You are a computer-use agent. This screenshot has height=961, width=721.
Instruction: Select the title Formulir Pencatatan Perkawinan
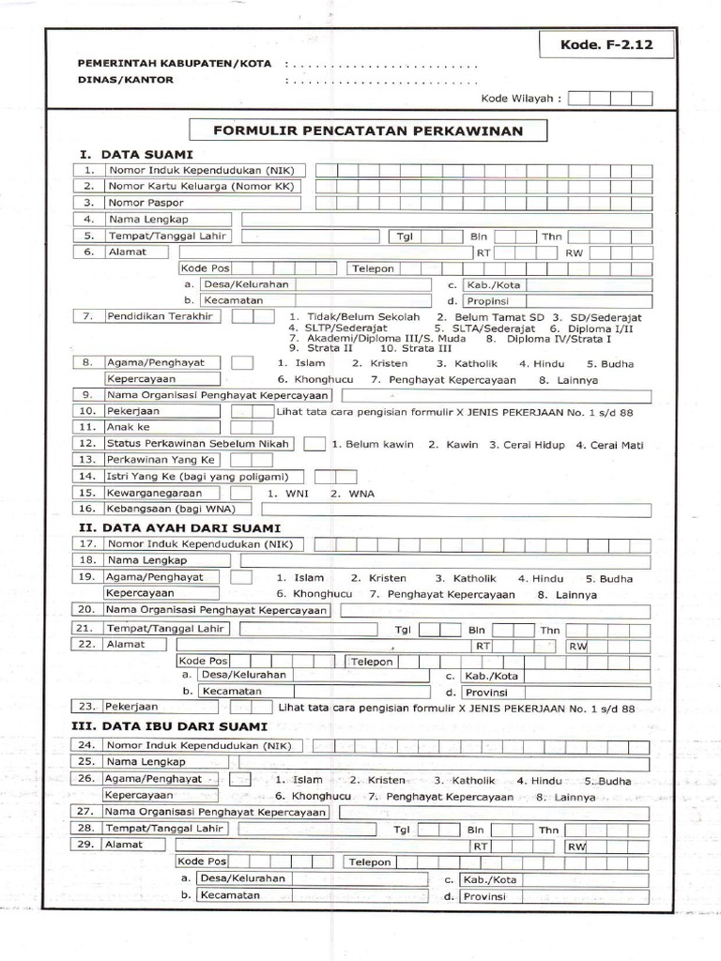[367, 130]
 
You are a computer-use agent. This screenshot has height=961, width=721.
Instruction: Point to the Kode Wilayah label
[521, 98]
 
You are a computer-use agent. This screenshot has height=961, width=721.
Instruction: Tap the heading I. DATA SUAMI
[136, 153]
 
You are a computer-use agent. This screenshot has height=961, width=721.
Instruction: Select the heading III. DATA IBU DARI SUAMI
[174, 726]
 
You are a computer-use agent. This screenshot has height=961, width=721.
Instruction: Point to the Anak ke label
[129, 427]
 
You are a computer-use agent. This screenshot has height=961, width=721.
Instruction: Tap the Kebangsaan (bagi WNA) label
[164, 509]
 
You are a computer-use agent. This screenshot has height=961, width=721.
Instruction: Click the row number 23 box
[87, 706]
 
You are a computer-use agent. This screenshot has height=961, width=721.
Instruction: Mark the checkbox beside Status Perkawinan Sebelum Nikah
[314, 444]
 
